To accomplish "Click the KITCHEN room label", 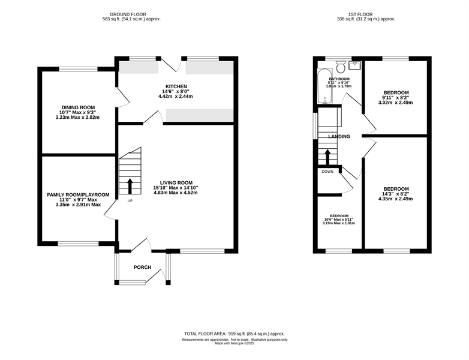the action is coord(176,86).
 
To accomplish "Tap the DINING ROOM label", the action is coord(78,107).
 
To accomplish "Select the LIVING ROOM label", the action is coord(176,183).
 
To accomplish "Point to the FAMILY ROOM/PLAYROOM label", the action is coord(78,195).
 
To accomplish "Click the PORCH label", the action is coord(142,267).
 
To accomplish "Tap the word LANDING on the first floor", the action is coord(339,136).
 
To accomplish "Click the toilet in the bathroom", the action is coord(341,67).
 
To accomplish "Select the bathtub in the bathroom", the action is coord(324,86).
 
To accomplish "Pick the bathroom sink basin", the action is coord(354,65).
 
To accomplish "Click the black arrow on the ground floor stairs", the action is coord(130,186).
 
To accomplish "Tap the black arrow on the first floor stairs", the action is coord(327,157).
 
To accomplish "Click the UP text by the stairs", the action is coord(130,201).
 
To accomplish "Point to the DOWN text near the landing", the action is coord(327,172).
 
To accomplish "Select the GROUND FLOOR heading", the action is coord(128,14).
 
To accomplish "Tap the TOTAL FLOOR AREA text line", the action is coord(235,334).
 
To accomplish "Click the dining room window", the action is coord(79,69).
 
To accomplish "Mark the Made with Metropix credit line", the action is coord(235,344).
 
